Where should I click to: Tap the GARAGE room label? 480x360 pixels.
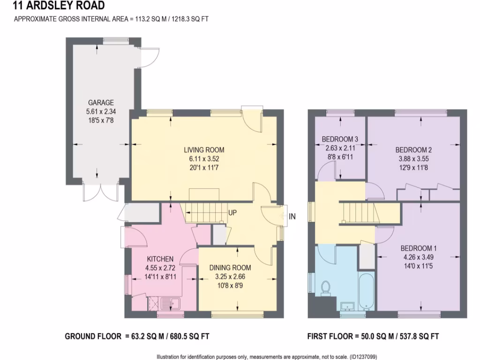[x=101, y=103]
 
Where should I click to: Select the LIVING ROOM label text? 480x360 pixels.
[x=203, y=150]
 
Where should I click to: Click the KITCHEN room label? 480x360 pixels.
[x=160, y=259]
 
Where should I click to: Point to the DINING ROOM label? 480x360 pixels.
[x=230, y=268]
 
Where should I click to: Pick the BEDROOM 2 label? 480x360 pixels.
[x=413, y=150]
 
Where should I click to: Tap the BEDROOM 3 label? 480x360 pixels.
[x=340, y=139]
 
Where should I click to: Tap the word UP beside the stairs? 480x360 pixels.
[x=232, y=213]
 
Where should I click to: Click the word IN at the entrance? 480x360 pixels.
[x=292, y=216]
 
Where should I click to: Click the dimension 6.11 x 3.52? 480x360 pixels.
[x=203, y=158]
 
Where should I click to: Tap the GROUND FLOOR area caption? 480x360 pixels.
[x=140, y=336]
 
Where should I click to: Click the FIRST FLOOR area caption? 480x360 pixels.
[x=373, y=336]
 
